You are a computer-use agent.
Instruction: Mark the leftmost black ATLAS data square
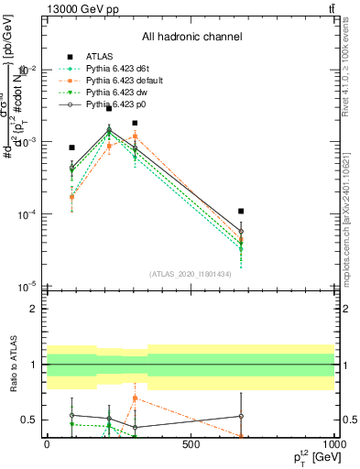(71, 147)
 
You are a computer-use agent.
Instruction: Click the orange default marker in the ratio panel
(135, 398)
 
